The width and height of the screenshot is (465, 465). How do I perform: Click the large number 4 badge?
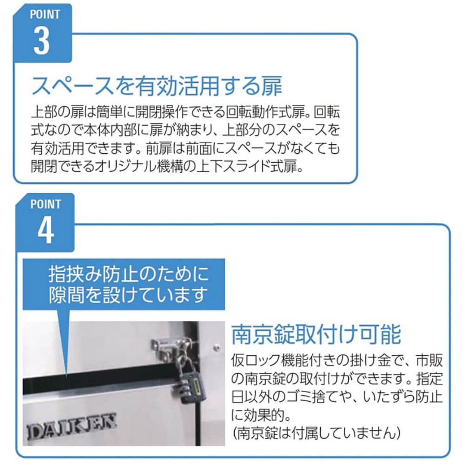(46, 230)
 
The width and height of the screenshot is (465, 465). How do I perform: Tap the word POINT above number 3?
(45, 14)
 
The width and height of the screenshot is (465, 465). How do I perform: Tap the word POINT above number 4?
(46, 204)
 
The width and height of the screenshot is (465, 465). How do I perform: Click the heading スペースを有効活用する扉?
(157, 85)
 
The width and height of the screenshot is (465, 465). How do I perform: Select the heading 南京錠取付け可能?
(316, 335)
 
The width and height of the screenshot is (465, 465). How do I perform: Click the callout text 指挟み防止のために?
(128, 273)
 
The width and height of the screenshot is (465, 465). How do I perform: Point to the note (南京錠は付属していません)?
(316, 433)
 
